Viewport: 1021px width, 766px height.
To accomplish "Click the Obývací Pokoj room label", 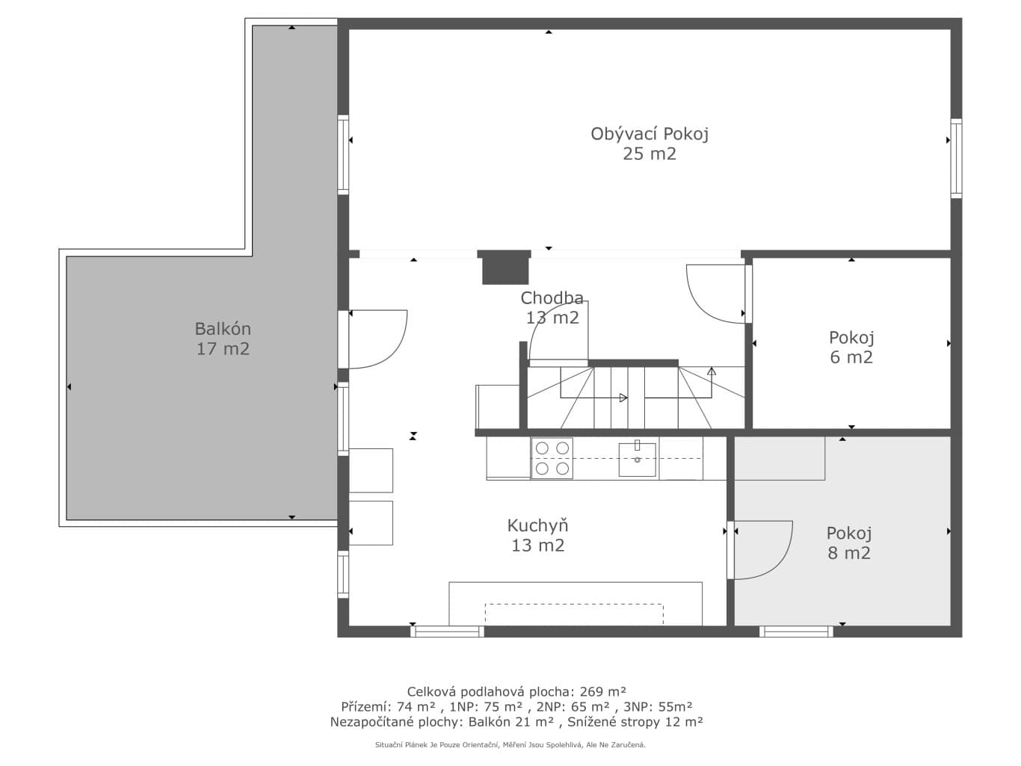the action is (x=650, y=143).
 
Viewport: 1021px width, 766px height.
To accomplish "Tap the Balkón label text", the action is (x=223, y=339).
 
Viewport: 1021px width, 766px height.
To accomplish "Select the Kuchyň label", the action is (x=537, y=535).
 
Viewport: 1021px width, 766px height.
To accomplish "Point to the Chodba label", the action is (x=552, y=308).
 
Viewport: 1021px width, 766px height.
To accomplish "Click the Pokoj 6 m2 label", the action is (x=851, y=348).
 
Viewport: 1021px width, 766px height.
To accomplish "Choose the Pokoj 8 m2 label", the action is (x=849, y=543).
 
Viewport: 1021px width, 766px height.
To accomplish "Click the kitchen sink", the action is (x=637, y=459).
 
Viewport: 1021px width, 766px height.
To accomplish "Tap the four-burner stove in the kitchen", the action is (x=552, y=458).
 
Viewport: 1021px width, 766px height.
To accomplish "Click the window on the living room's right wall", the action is (x=956, y=158).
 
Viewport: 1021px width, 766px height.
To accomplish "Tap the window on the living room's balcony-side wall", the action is (x=343, y=155).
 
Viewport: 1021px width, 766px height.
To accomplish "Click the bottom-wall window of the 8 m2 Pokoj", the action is (x=796, y=631).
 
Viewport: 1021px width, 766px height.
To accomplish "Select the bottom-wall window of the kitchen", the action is (x=447, y=631).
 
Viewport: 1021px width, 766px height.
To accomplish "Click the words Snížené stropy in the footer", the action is (x=620, y=722).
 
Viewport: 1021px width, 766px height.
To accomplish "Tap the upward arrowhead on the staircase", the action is (x=712, y=371).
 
